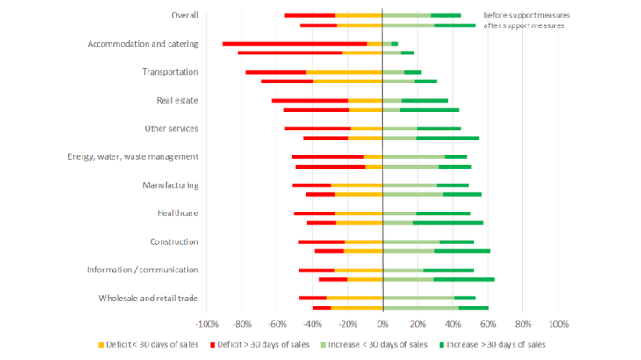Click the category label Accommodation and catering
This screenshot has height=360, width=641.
(x=142, y=44)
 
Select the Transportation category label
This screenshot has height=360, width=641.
(x=169, y=72)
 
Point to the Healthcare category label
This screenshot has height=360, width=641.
(x=176, y=213)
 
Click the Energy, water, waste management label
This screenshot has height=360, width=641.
(x=133, y=156)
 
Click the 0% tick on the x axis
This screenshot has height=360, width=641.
(x=382, y=323)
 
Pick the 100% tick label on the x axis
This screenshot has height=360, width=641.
(x=558, y=323)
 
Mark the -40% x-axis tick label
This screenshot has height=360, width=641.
(x=312, y=323)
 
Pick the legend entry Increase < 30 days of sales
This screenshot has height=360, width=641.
(x=382, y=344)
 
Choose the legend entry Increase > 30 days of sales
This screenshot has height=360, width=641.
(x=498, y=344)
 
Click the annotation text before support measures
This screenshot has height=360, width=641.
(x=527, y=15)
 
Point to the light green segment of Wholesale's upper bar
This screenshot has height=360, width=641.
(x=418, y=298)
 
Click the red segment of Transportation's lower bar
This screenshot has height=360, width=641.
(x=287, y=82)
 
